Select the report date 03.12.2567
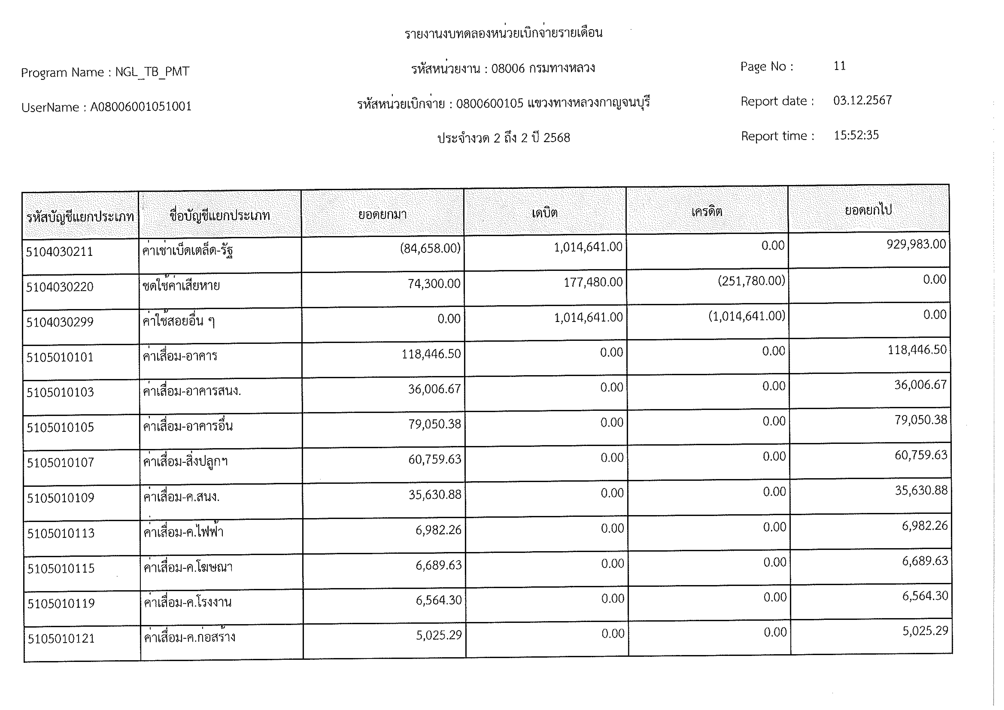[862, 101]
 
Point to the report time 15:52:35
[856, 135]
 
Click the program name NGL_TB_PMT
[152, 72]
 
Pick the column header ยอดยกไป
[868, 210]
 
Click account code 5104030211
[60, 252]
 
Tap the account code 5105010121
[61, 639]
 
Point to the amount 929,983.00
[916, 244]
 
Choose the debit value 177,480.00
[593, 282]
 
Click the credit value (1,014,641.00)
[746, 316]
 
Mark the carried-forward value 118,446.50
[917, 350]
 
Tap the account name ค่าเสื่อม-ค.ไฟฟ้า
[184, 532]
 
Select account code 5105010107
[60, 463]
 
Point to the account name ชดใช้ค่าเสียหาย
[181, 286]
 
